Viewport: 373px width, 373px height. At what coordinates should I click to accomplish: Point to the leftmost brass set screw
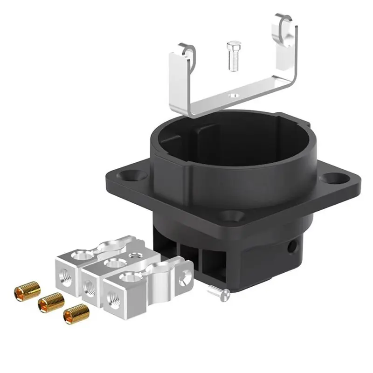tap(26, 292)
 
